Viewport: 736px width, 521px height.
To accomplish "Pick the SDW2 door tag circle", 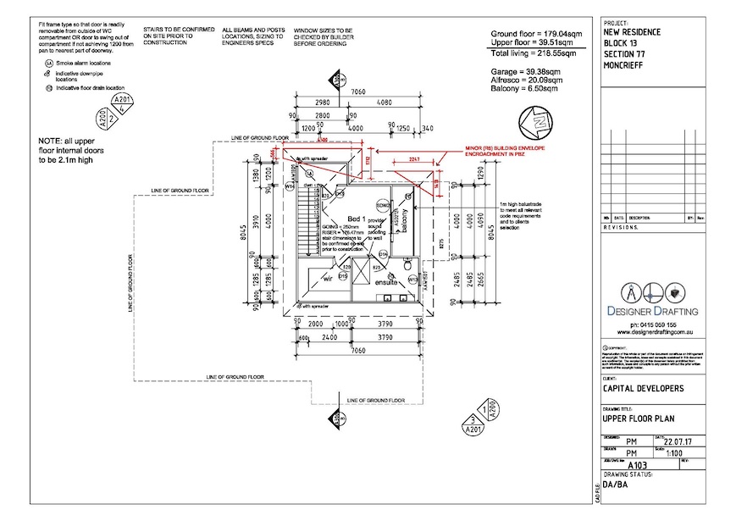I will click(x=383, y=204).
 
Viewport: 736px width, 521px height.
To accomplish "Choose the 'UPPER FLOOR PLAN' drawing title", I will click(x=643, y=418).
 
